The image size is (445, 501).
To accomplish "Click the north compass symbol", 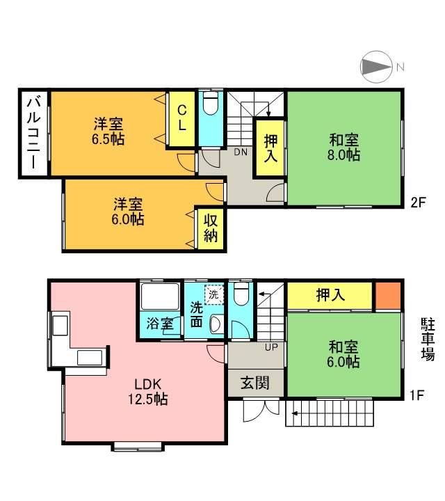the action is (377, 67).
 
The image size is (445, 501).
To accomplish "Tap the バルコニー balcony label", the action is (33, 133).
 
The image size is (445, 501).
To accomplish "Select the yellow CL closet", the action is (181, 119).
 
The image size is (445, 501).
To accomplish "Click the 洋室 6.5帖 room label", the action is (108, 132).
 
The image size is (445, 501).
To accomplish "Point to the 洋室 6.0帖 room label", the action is (128, 212).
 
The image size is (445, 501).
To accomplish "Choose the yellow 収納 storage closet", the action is (211, 229).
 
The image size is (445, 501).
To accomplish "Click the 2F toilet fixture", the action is (211, 103).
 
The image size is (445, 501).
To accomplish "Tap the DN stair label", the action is (241, 152).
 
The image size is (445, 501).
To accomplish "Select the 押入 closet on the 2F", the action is (270, 148).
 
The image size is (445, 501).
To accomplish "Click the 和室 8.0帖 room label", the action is (343, 148).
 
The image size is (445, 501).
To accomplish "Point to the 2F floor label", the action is (418, 202).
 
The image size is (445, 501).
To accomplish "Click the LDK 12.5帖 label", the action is (148, 391).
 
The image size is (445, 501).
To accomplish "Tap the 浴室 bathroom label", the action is (160, 324).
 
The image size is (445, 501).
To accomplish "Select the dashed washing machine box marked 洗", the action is (214, 294).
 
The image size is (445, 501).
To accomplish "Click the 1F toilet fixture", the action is (241, 292).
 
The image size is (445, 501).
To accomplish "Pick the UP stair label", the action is (271, 347).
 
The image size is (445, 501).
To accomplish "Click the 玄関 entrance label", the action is (255, 383).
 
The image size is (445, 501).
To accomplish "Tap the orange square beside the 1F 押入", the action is (387, 296).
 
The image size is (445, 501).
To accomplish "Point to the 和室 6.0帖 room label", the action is (343, 354).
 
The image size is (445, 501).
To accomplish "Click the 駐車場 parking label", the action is (428, 340).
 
